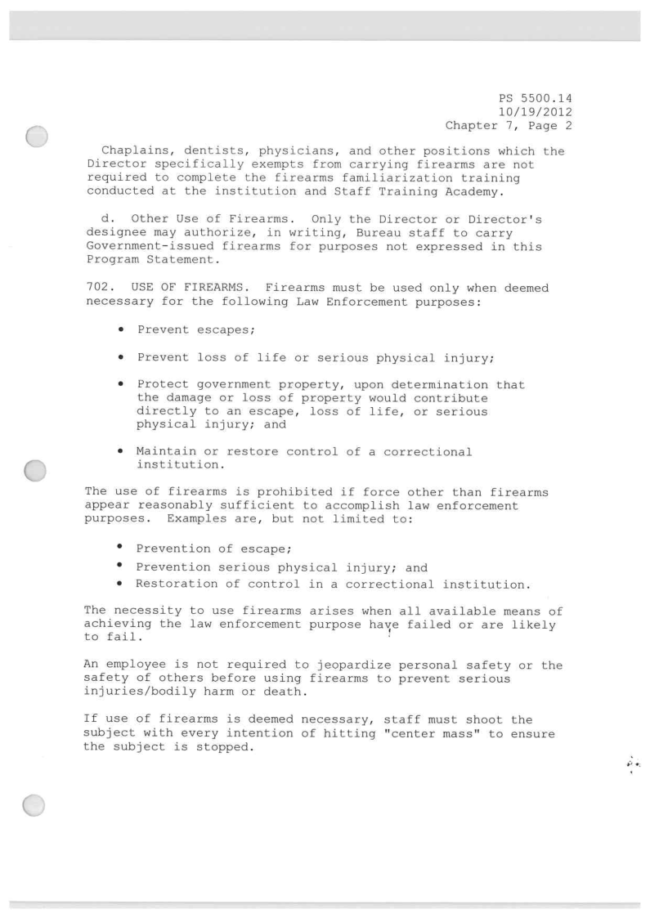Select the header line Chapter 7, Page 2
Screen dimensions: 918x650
pos(513,125)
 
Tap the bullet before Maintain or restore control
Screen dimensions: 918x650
pos(121,451)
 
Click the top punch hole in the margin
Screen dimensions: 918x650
pos(38,138)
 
